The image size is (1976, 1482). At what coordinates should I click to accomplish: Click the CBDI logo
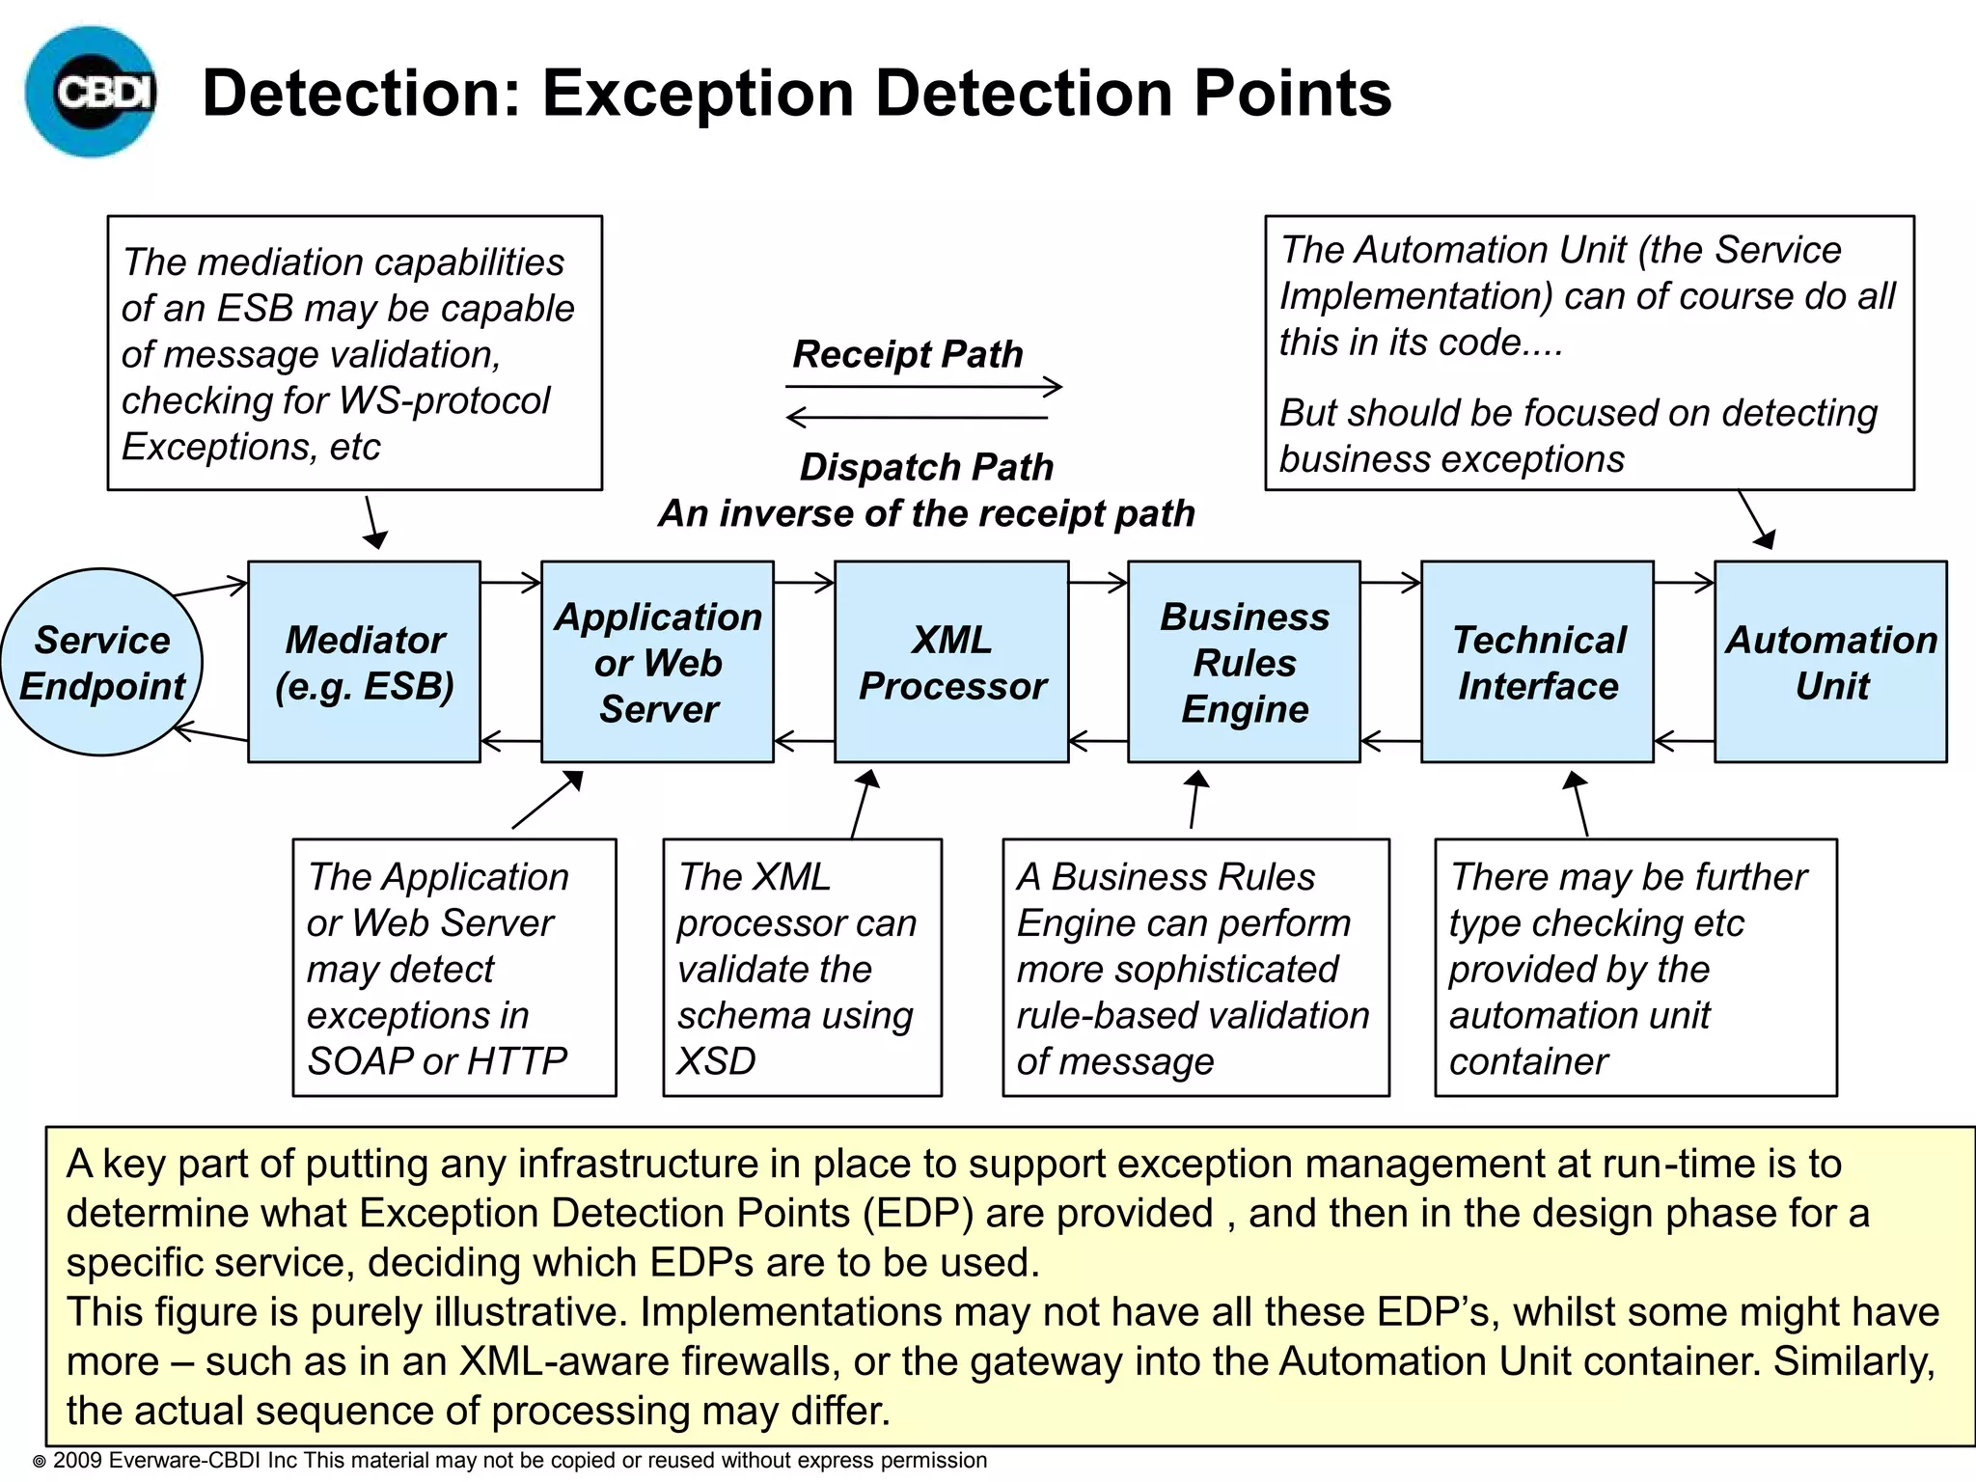[x=92, y=92]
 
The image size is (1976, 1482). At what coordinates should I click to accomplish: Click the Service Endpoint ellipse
[x=101, y=662]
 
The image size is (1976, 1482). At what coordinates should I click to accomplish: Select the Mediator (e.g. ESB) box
[x=364, y=662]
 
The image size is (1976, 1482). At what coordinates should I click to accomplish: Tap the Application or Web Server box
[x=657, y=662]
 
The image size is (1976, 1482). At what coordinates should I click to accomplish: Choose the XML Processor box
[x=951, y=662]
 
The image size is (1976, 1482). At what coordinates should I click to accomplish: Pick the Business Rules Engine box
[x=1244, y=662]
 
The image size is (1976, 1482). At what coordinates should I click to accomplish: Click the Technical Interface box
[x=1537, y=662]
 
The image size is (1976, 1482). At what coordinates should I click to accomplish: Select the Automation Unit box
[x=1830, y=662]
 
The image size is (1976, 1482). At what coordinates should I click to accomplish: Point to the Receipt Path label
[x=907, y=354]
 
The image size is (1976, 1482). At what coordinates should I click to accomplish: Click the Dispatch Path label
[x=926, y=467]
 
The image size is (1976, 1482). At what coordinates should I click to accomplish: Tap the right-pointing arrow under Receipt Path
[x=923, y=387]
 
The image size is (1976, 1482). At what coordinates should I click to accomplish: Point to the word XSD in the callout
[x=716, y=1061]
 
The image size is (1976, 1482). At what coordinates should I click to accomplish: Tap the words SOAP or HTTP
[x=437, y=1061]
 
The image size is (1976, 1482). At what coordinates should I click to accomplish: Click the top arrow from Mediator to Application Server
[x=510, y=582]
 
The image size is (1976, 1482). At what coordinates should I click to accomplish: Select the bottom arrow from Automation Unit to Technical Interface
[x=1684, y=741]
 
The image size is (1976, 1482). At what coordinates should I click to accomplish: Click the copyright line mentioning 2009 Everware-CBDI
[x=511, y=1461]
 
